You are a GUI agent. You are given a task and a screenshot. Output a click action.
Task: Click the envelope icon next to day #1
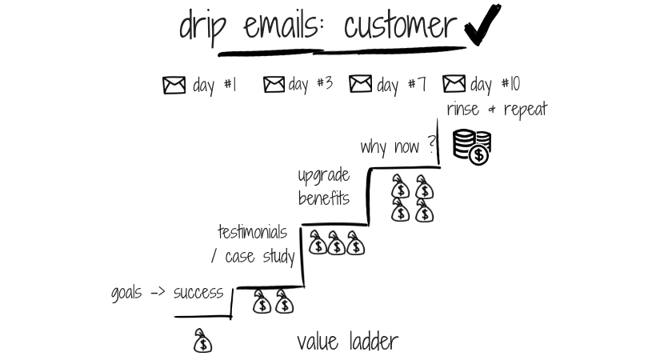point(174,85)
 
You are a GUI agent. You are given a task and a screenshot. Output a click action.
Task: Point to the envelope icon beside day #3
point(274,84)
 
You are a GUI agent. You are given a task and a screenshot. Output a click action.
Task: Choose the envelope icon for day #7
point(361,84)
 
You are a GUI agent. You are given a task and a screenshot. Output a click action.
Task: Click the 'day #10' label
point(496,84)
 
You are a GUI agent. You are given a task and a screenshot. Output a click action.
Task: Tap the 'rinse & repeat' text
point(497,110)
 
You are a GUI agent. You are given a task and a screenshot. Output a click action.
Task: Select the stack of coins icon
point(471,146)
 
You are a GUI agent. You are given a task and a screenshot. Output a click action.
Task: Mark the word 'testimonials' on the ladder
point(252,232)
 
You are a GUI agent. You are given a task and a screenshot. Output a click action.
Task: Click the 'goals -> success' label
point(167,293)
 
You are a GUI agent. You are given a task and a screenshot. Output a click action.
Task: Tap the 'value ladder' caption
point(347,342)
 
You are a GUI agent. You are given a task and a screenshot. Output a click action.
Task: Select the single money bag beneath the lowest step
point(203,342)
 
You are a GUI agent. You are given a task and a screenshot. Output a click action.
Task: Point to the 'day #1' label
point(215,85)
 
